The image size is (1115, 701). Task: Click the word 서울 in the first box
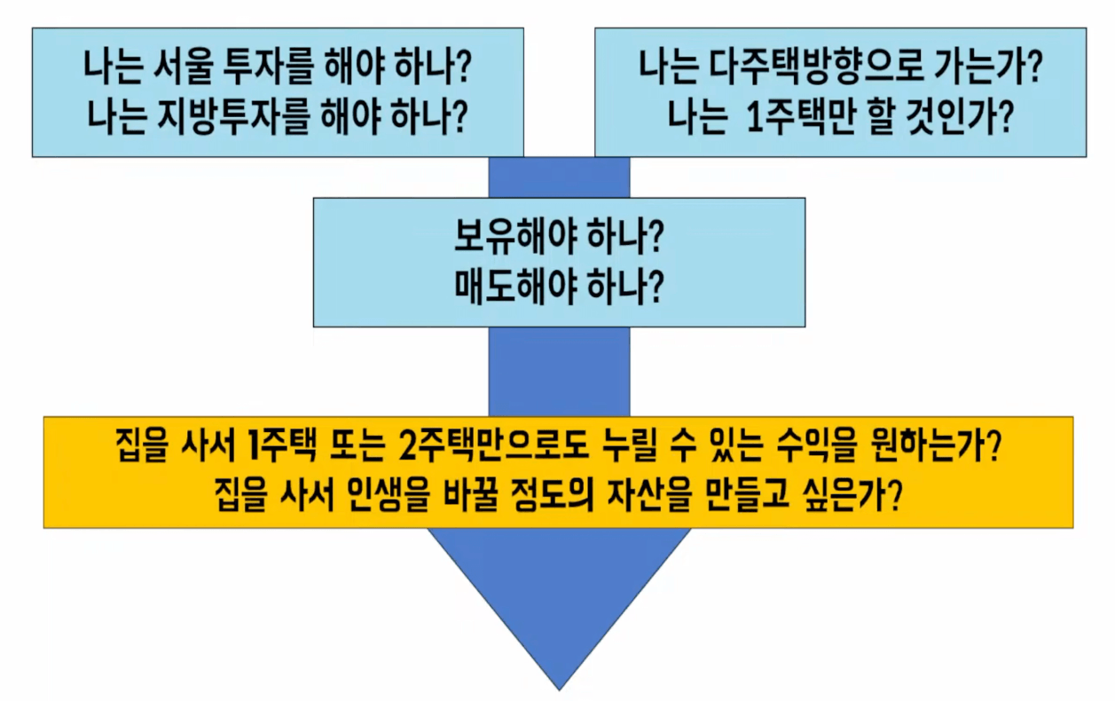[x=185, y=66]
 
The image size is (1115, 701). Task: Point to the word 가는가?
[x=988, y=66]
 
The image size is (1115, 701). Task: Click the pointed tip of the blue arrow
[x=559, y=690]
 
